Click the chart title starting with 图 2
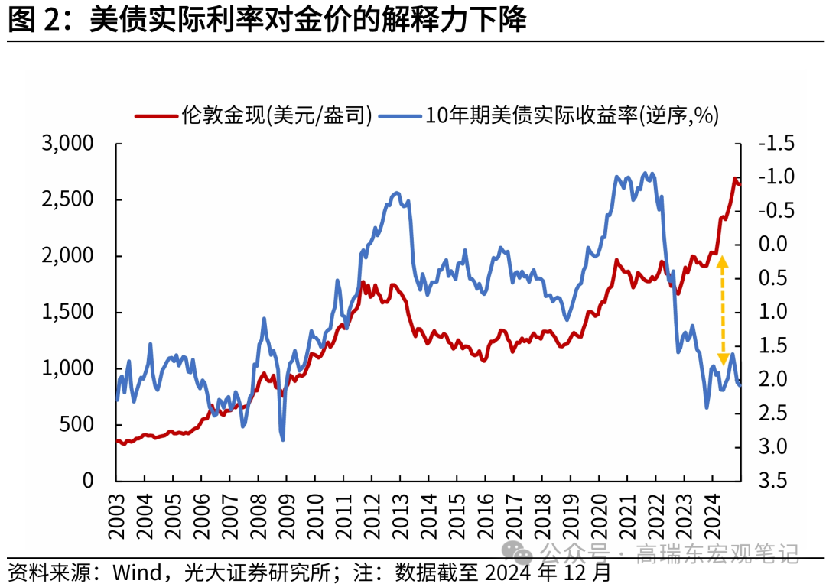(267, 20)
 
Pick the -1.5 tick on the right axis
(776, 144)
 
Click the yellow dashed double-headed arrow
(722, 310)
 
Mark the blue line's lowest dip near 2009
(283, 439)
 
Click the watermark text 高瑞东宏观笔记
(717, 553)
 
